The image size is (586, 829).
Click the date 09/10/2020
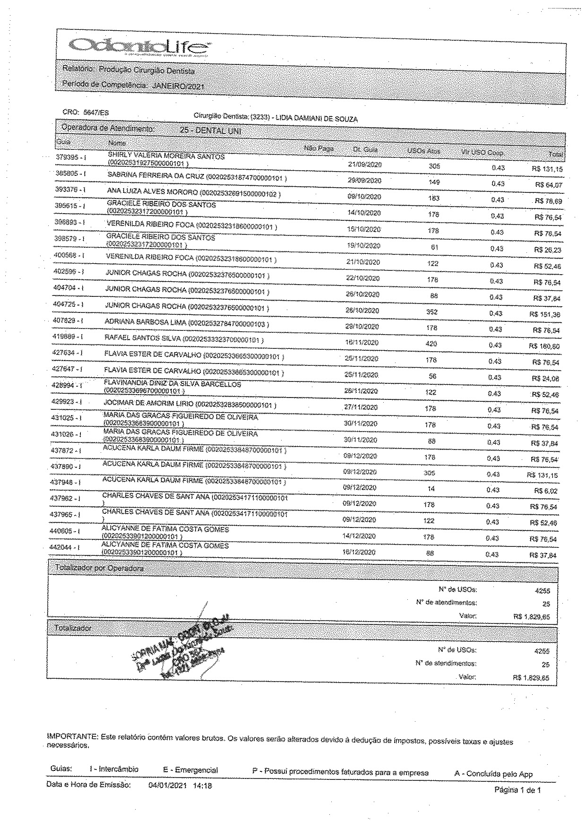click(x=364, y=197)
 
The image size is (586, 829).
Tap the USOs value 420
click(x=431, y=344)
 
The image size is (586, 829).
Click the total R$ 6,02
click(x=549, y=491)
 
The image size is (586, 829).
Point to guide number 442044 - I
click(x=64, y=547)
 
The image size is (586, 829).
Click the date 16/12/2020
click(x=359, y=552)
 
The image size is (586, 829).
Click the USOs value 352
click(x=432, y=312)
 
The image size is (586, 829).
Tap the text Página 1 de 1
click(x=517, y=790)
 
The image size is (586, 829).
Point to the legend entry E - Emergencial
click(x=190, y=770)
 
